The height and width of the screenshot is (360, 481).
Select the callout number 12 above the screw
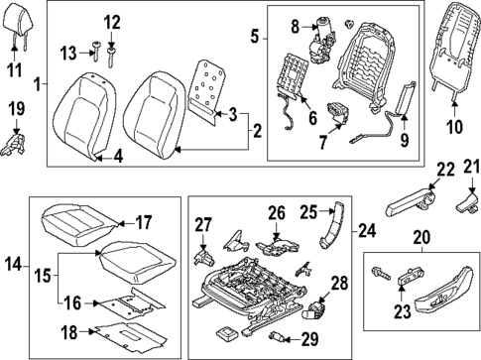tap(111, 21)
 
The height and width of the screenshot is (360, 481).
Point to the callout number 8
tap(295, 23)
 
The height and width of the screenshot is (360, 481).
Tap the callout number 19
tap(15, 107)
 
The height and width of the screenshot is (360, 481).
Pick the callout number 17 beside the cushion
tap(143, 223)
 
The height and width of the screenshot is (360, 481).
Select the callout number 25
tap(308, 211)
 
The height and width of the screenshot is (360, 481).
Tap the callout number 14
tap(14, 264)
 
